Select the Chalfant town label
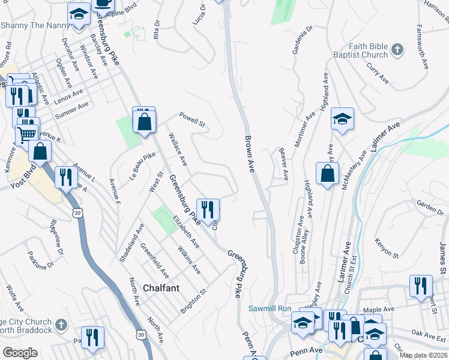tap(161, 288)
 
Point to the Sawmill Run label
tap(269, 308)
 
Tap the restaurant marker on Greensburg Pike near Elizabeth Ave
tap(208, 210)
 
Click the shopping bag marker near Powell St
tap(145, 122)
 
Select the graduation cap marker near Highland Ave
tap(342, 119)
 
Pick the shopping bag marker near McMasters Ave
tap(327, 174)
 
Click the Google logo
tap(19, 353)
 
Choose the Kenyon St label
tap(387, 247)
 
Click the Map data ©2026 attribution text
tap(424, 355)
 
